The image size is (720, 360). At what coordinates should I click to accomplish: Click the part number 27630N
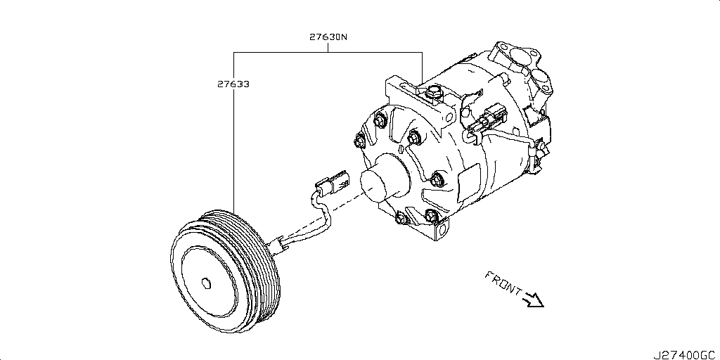(328, 37)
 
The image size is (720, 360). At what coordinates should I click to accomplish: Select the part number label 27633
(233, 84)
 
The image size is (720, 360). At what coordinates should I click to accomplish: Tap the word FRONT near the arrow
(503, 282)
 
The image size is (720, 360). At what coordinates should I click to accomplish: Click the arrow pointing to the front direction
(534, 300)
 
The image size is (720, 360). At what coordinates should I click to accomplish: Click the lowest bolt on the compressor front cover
(401, 218)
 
